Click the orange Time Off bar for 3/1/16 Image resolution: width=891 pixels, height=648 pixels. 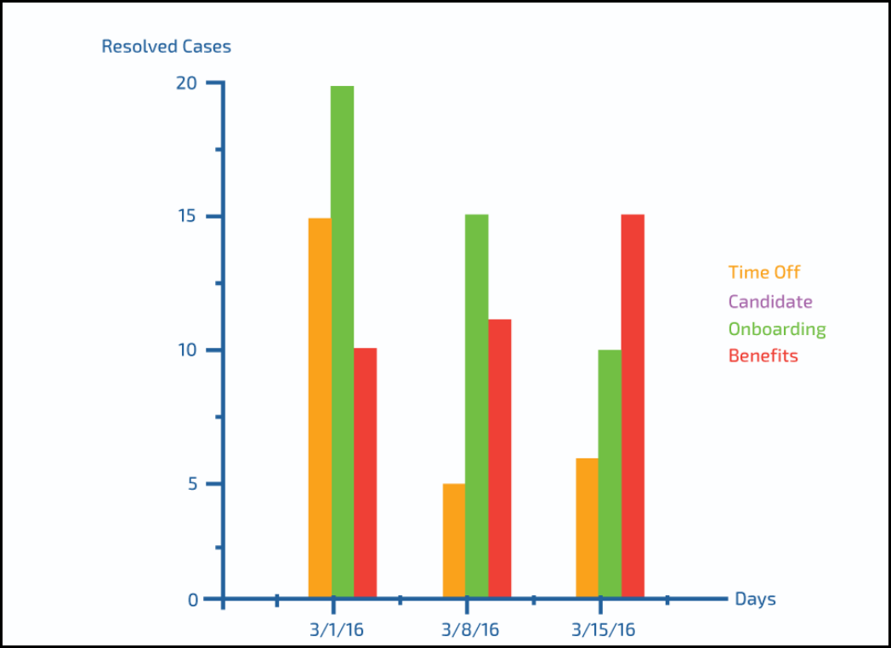320,408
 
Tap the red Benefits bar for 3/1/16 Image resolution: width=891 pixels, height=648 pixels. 366,473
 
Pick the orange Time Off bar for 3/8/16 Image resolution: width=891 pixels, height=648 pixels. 454,541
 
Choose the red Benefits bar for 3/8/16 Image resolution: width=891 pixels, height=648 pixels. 500,458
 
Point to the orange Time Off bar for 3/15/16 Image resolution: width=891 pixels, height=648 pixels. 587,528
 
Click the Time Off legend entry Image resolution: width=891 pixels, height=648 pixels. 764,273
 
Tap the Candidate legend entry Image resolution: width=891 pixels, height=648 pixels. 770,302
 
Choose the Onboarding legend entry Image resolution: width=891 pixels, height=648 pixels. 777,329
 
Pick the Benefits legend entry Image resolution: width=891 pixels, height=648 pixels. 763,355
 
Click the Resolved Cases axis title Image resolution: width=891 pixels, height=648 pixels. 166,47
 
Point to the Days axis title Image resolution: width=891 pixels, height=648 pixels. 755,600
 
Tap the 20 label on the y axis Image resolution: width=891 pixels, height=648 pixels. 187,83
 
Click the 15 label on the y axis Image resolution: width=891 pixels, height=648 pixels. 187,216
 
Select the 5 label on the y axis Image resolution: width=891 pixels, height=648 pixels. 192,484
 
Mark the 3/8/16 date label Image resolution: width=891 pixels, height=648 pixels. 470,631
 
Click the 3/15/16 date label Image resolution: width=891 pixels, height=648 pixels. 604,631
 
